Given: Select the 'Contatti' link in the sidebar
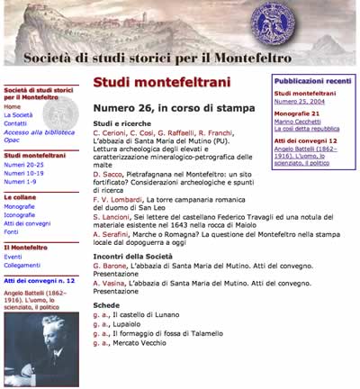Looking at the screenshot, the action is [x=17, y=123].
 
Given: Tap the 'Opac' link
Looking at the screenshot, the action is [x=13, y=140].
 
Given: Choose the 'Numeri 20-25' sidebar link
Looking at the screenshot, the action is [x=24, y=166].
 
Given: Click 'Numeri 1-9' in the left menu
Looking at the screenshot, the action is [x=21, y=181].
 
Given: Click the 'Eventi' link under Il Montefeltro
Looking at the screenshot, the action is [x=14, y=257].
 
